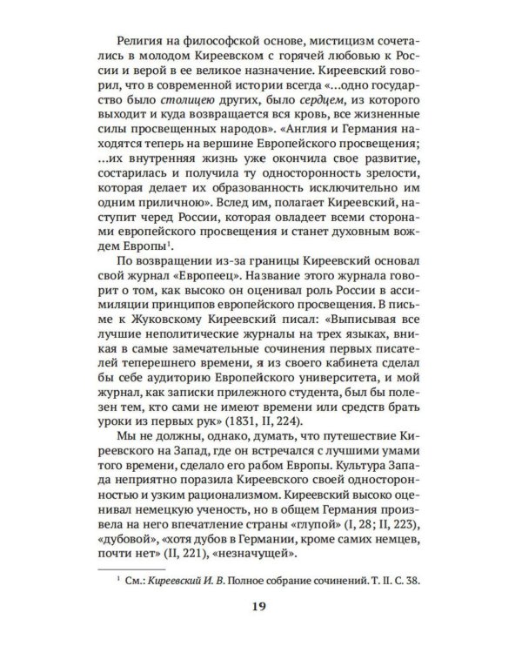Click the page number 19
[261, 607]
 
